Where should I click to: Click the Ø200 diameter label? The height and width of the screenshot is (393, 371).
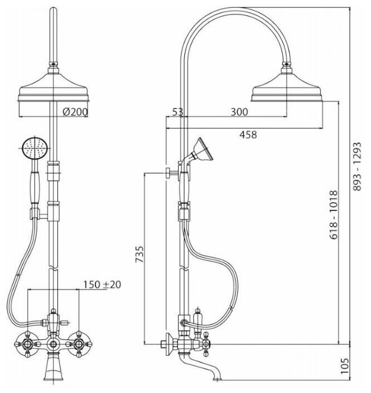[x=75, y=112]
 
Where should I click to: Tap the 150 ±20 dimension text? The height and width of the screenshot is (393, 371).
[x=103, y=284]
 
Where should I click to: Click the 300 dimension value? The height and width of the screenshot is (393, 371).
[x=239, y=112]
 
